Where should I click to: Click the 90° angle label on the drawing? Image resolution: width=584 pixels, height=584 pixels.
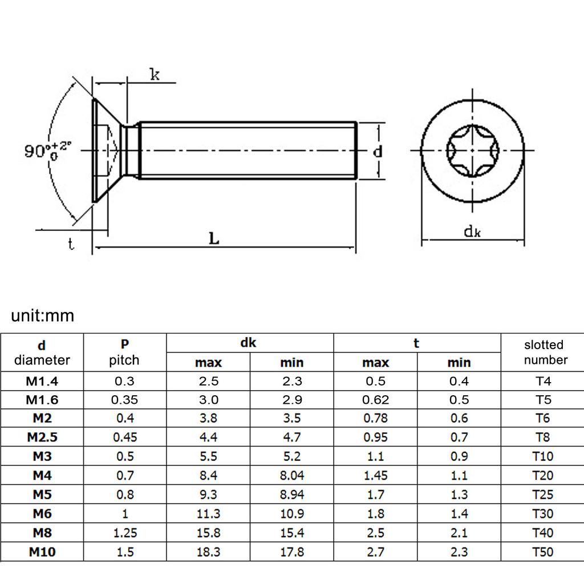(48, 151)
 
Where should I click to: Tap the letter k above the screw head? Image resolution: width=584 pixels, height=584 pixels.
(155, 74)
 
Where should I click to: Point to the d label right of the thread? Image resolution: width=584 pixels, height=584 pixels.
(377, 152)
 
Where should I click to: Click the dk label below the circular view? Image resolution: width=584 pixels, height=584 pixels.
(472, 231)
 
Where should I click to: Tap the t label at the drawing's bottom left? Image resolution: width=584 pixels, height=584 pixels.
(71, 245)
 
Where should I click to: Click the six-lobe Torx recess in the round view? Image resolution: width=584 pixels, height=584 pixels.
(472, 151)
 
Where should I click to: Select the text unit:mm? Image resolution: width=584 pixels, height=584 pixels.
(43, 315)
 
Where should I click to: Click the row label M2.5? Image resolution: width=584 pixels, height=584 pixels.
(42, 437)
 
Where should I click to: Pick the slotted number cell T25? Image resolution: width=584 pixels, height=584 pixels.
(542, 494)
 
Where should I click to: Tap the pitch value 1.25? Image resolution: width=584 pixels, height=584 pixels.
(125, 533)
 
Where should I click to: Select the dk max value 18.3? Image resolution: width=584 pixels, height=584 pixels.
(208, 552)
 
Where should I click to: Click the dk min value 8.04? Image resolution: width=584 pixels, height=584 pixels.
(291, 476)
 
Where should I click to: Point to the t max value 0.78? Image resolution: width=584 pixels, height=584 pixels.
(375, 419)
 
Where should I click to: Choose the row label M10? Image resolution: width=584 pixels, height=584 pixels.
(42, 552)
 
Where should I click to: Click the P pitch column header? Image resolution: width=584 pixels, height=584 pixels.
(124, 352)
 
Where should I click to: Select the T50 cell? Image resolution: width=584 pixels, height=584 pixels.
(542, 552)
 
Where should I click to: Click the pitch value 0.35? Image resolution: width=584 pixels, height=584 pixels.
(125, 400)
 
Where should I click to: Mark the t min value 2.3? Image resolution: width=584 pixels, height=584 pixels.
(459, 552)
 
